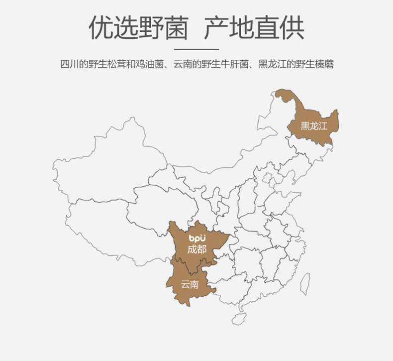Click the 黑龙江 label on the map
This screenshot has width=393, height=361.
(x=314, y=126)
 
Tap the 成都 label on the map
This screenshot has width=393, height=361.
(x=196, y=249)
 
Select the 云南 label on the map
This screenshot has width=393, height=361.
(x=190, y=285)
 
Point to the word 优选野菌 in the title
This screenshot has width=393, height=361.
(x=138, y=29)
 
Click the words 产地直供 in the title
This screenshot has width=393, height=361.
(x=254, y=29)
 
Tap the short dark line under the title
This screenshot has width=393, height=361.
(x=196, y=49)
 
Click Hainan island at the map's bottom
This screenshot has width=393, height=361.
(x=241, y=316)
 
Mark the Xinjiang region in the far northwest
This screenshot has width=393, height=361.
(x=99, y=164)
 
